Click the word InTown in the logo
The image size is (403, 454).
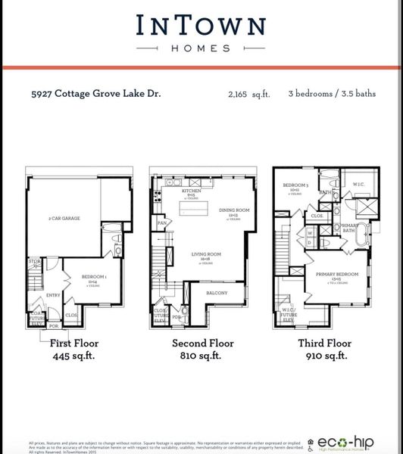(x=201, y=25)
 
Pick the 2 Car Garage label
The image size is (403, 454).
(x=64, y=219)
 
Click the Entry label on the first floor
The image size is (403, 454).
(x=54, y=295)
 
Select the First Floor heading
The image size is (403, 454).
(x=73, y=344)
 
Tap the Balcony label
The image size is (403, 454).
(x=227, y=291)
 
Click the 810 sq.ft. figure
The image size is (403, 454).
(x=201, y=357)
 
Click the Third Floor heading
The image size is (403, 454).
(x=327, y=344)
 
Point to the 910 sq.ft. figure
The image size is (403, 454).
(x=327, y=357)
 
